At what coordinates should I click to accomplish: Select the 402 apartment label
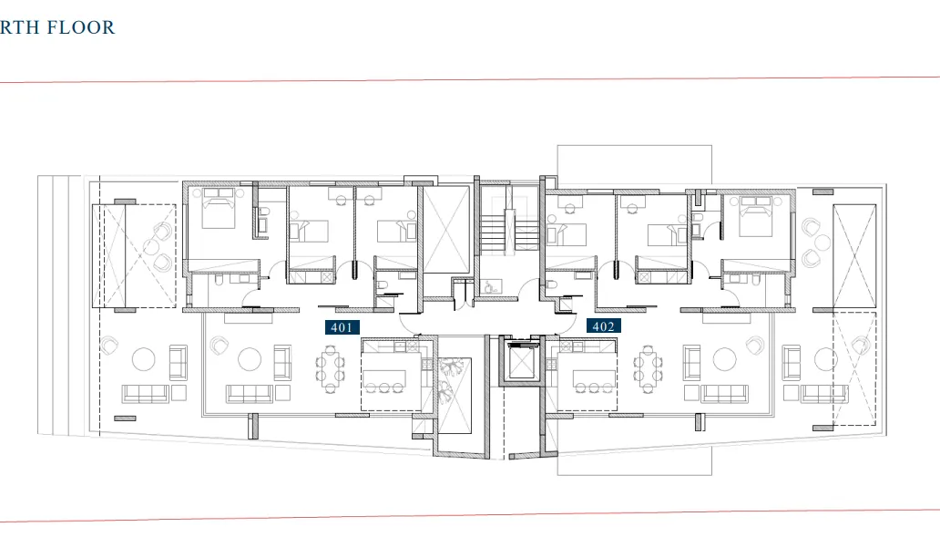(x=603, y=326)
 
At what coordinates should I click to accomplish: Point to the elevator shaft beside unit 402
(x=523, y=366)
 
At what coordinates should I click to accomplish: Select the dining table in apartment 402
(x=648, y=368)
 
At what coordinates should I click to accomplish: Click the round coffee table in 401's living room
(x=250, y=360)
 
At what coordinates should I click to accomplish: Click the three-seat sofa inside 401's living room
(x=249, y=394)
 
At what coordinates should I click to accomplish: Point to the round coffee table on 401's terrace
(x=144, y=360)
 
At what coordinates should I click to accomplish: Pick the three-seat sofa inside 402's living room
(x=724, y=394)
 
